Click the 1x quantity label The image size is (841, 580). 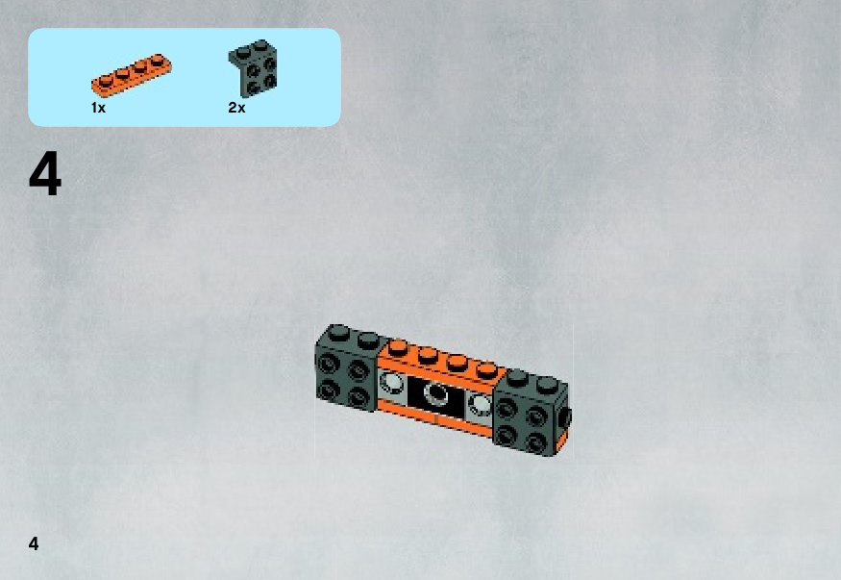coord(98,108)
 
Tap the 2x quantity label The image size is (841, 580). coord(236,108)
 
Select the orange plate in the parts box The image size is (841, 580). coord(132,75)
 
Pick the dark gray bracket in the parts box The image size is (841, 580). coord(253,67)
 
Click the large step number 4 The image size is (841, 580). coord(45,173)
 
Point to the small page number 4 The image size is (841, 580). coord(34,543)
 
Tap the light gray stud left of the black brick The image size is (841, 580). coord(391,383)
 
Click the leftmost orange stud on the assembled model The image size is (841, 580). coord(398,347)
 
